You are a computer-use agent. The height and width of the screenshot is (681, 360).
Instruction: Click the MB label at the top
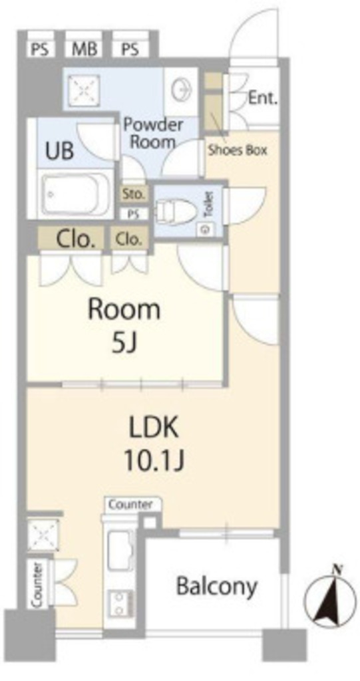click(84, 49)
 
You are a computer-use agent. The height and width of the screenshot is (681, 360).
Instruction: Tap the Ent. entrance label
click(263, 98)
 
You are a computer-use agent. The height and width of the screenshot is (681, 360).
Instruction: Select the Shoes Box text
click(238, 150)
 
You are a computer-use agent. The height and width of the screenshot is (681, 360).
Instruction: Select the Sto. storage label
click(134, 194)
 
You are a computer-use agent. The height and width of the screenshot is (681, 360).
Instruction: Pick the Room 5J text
click(124, 326)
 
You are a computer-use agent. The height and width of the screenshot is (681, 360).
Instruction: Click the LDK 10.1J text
click(154, 444)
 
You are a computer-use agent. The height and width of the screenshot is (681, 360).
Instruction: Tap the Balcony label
click(216, 587)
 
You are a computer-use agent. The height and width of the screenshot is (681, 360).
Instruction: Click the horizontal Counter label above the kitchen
click(130, 505)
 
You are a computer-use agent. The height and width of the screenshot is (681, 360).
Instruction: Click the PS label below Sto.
click(134, 213)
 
